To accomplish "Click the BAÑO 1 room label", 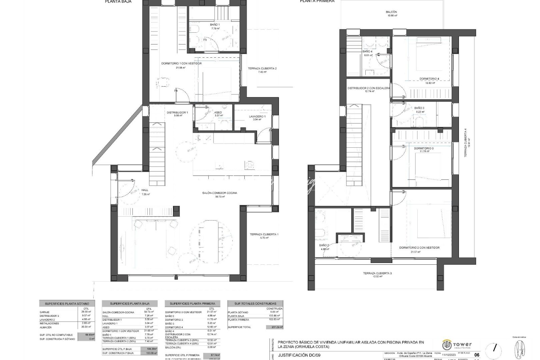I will [x=215, y=25].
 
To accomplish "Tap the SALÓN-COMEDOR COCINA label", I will [x=220, y=193].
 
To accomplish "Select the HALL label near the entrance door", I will [x=145, y=190].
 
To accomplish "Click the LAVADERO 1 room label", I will [x=257, y=117].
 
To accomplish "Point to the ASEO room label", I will [x=218, y=113].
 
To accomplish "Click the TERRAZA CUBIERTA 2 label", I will [x=262, y=69].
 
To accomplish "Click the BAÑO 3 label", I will [x=419, y=108].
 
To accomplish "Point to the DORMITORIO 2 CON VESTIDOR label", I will [x=419, y=248].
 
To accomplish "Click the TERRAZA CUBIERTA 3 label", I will [x=377, y=273].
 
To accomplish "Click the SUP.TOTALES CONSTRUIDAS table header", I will [x=255, y=304].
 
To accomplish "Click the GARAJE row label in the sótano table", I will [x=45, y=312].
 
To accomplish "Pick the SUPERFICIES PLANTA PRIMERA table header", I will [x=192, y=304].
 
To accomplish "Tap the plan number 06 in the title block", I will [x=477, y=355].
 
